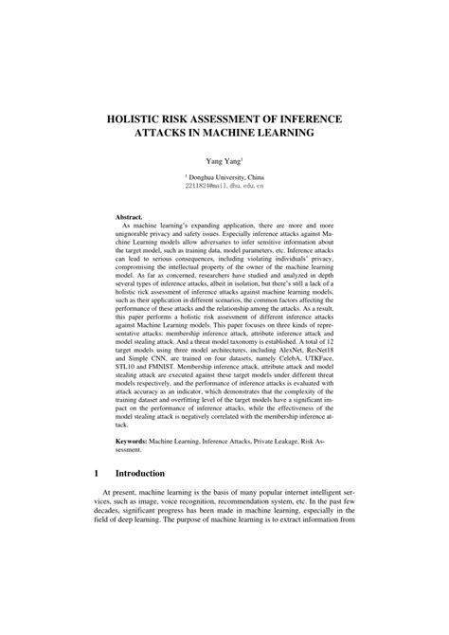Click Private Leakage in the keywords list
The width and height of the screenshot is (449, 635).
276,441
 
